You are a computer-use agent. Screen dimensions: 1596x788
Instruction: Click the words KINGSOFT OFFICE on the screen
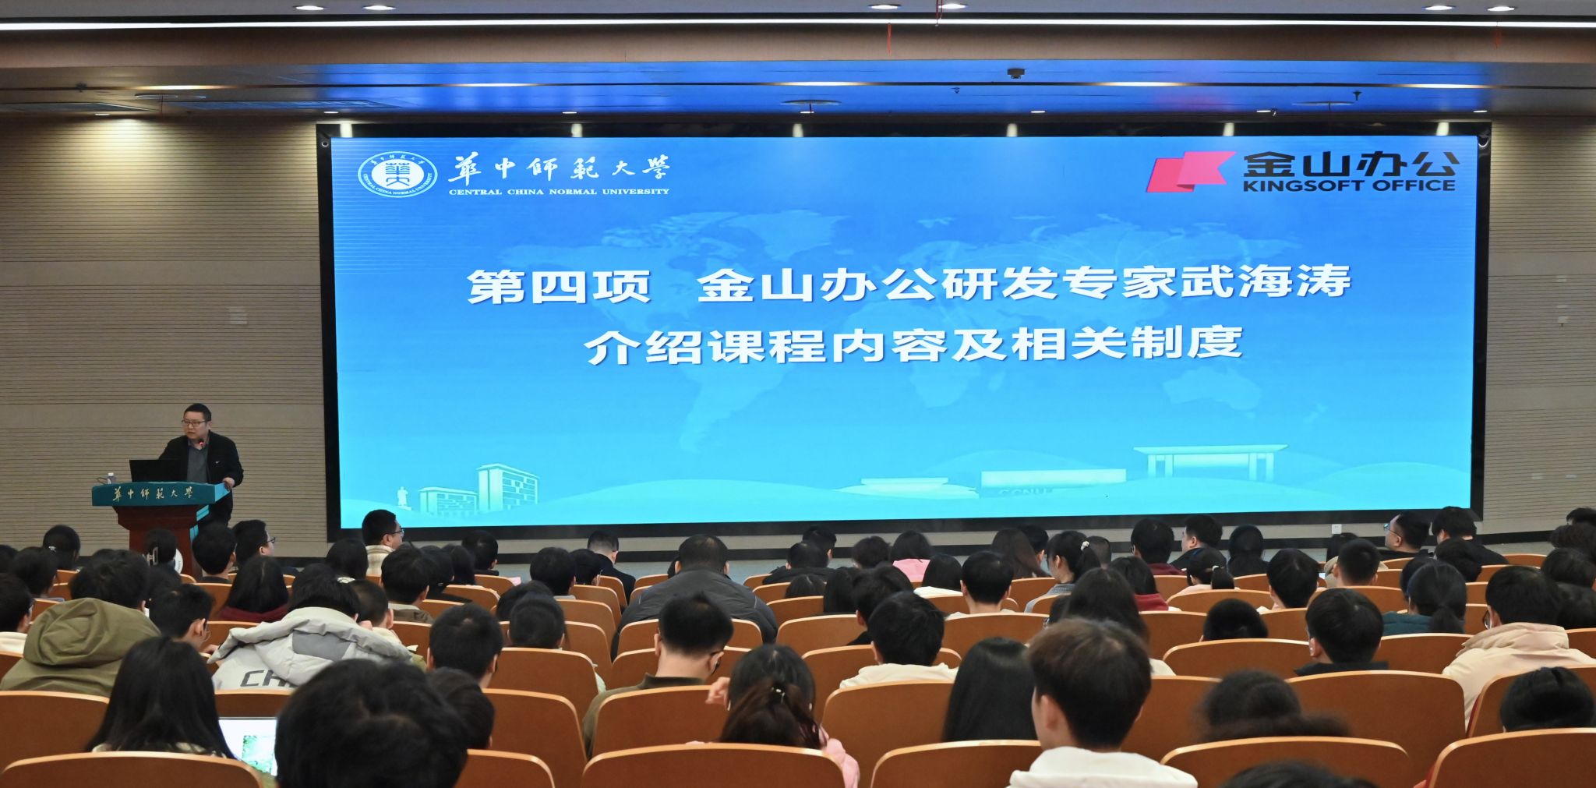[1349, 186]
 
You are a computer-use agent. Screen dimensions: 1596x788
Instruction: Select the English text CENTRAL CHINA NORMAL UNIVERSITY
[559, 191]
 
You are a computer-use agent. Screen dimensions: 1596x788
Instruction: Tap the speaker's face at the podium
[193, 423]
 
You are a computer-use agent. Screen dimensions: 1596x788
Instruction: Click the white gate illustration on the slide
[1209, 463]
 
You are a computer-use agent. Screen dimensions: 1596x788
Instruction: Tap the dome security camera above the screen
[1015, 73]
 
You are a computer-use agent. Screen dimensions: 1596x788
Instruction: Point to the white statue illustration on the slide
[404, 498]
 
